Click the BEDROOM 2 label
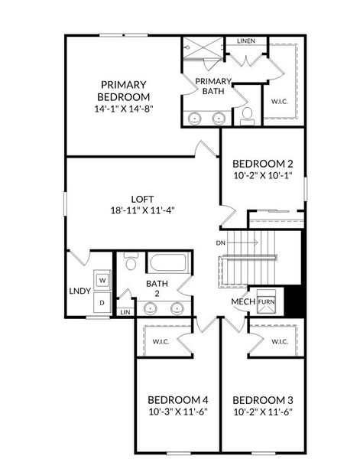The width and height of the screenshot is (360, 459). point(262,163)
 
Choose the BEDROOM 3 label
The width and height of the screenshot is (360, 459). point(262,400)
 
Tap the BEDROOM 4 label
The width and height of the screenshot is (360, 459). point(177,400)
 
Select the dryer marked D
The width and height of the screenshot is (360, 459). point(102,303)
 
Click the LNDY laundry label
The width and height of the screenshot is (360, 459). point(79,291)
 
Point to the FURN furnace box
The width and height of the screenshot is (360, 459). point(266,301)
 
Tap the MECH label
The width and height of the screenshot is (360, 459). point(242,301)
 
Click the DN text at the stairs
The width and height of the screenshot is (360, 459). point(221,243)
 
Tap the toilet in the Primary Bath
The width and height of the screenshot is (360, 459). point(247,116)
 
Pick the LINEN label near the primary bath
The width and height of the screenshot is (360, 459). point(245,41)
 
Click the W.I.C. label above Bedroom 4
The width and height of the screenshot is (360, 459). point(161,341)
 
